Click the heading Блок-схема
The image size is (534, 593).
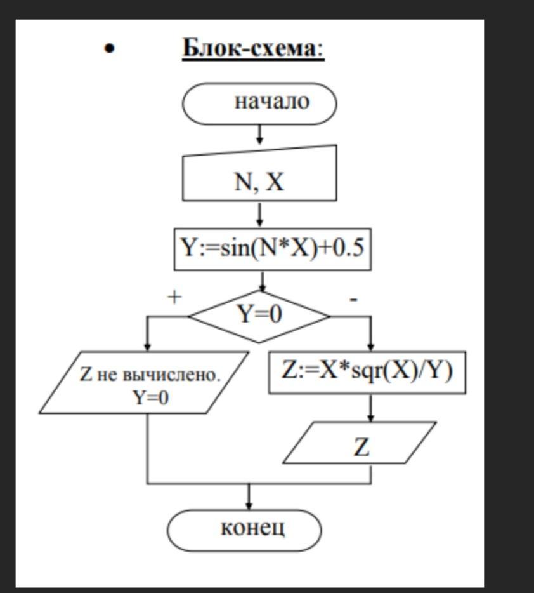(x=253, y=48)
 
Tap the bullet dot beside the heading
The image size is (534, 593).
(x=111, y=48)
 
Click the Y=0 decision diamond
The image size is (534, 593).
(x=259, y=315)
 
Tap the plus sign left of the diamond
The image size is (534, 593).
(x=174, y=296)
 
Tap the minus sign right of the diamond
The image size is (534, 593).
(x=354, y=298)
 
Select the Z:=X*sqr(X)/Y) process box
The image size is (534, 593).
(x=367, y=372)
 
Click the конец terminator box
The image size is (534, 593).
(x=245, y=528)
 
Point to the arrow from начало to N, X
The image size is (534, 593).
(x=259, y=134)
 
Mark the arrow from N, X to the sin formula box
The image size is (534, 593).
(x=259, y=215)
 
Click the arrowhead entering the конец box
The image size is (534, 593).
(x=249, y=505)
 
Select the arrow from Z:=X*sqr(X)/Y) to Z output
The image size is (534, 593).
(x=371, y=408)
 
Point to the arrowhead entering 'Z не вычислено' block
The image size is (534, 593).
(x=148, y=347)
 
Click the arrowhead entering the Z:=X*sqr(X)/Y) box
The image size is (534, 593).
(x=371, y=347)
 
